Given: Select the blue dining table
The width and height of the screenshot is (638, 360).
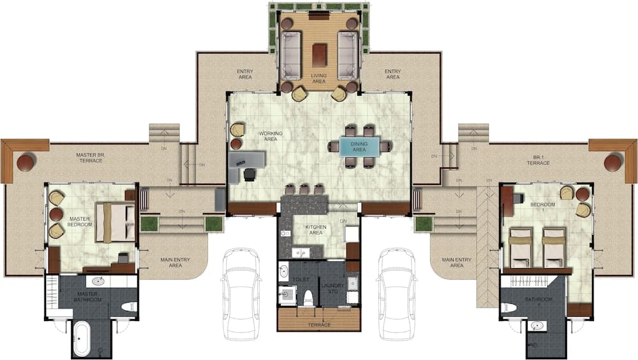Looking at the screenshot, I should (x=359, y=146).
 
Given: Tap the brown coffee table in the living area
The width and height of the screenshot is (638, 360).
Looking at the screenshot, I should (x=319, y=54).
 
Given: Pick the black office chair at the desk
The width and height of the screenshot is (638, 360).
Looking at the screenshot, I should (x=249, y=174).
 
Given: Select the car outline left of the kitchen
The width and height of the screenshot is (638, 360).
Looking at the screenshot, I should (x=241, y=293).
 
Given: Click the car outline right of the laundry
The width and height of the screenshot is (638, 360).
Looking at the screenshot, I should (x=396, y=293).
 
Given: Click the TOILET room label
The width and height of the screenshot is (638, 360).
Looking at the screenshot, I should (x=300, y=280).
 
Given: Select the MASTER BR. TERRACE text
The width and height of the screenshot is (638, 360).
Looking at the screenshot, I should (x=94, y=158).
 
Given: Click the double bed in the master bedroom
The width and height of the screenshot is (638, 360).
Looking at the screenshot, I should (x=115, y=222).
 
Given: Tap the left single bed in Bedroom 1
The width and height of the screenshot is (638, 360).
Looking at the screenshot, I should (x=520, y=248).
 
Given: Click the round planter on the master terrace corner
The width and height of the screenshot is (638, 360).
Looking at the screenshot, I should (x=26, y=163).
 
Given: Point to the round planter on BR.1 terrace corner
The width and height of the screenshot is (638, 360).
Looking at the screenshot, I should (x=612, y=163).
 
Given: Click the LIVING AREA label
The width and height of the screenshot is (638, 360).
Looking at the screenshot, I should (x=318, y=79).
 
